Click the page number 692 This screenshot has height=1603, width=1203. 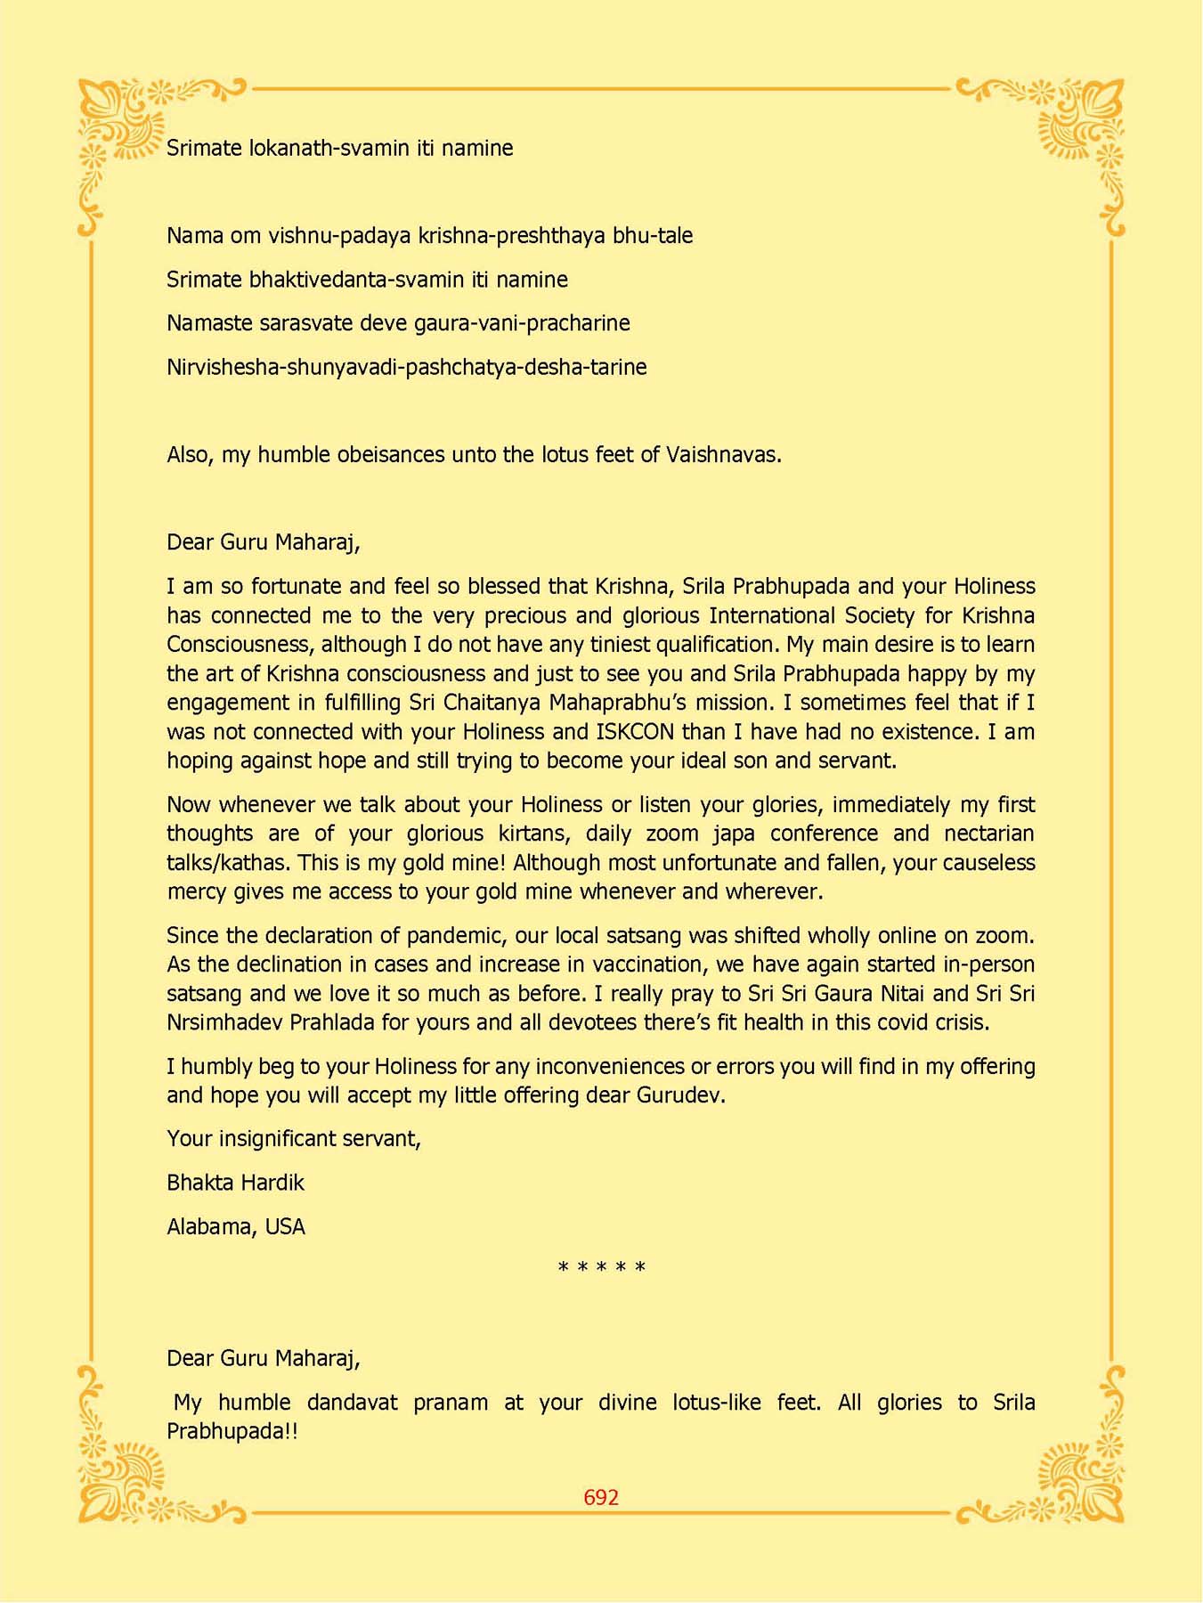(601, 1497)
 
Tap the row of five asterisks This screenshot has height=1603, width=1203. (601, 1267)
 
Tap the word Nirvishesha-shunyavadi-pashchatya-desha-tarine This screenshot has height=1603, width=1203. (406, 367)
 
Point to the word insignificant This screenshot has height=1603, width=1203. (284, 1139)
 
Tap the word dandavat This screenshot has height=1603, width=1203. (352, 1403)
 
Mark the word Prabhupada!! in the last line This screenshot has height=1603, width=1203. (232, 1431)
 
